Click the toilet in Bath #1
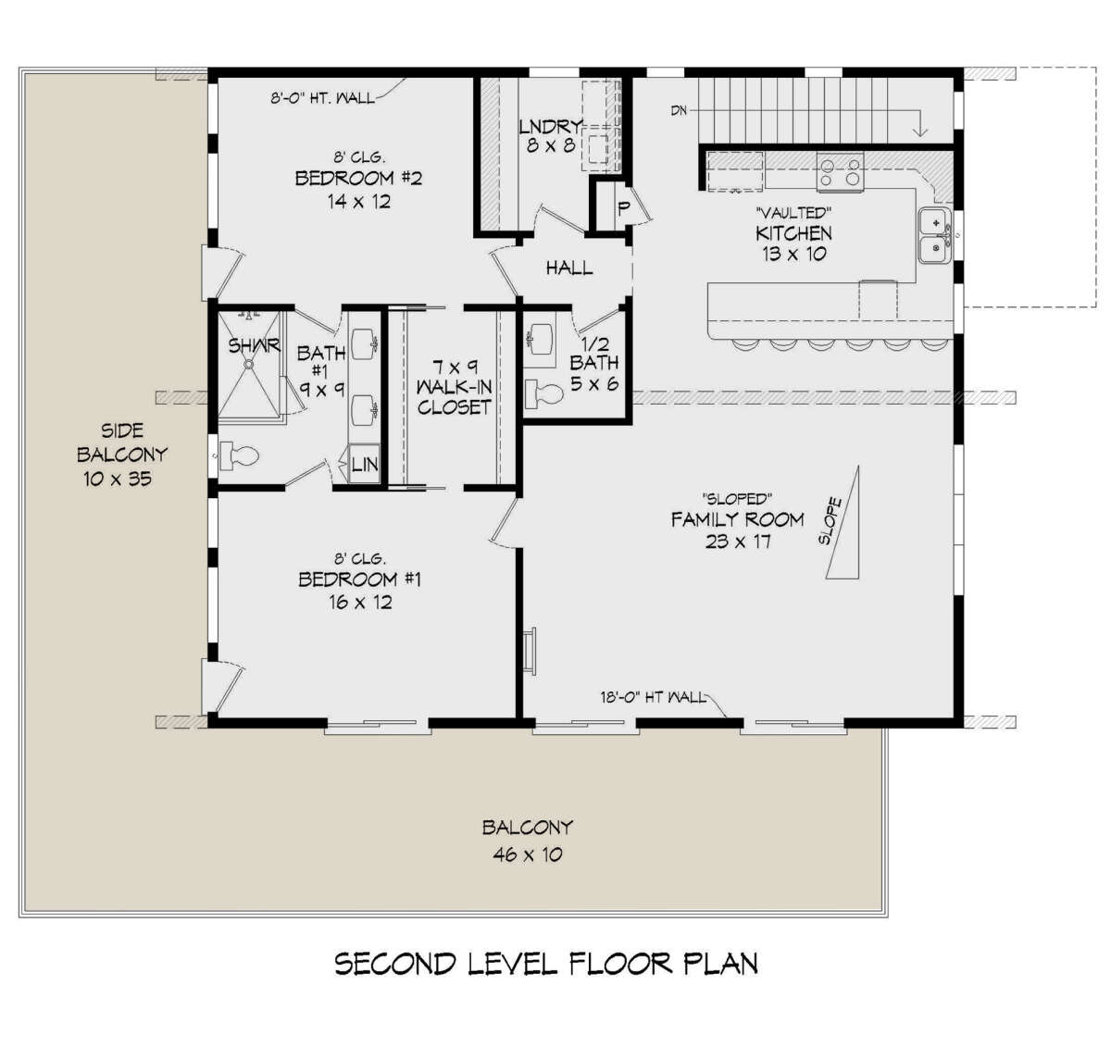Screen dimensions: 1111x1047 point(239,455)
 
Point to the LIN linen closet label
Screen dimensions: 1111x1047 point(365,464)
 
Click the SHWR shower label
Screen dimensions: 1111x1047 point(254,346)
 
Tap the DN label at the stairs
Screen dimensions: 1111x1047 point(679,111)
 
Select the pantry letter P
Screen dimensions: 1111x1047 point(623,208)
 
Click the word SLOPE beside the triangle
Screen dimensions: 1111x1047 point(830,520)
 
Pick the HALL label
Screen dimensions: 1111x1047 point(569,268)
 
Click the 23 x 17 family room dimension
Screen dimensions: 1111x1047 point(738,542)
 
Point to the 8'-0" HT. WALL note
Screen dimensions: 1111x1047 point(323,98)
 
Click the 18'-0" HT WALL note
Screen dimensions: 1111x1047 point(653,697)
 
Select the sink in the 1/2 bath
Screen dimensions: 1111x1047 point(539,340)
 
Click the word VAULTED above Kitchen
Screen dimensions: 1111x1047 point(793,213)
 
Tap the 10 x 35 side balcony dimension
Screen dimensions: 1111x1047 point(118,479)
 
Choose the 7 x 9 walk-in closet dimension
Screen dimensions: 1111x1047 point(455,368)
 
